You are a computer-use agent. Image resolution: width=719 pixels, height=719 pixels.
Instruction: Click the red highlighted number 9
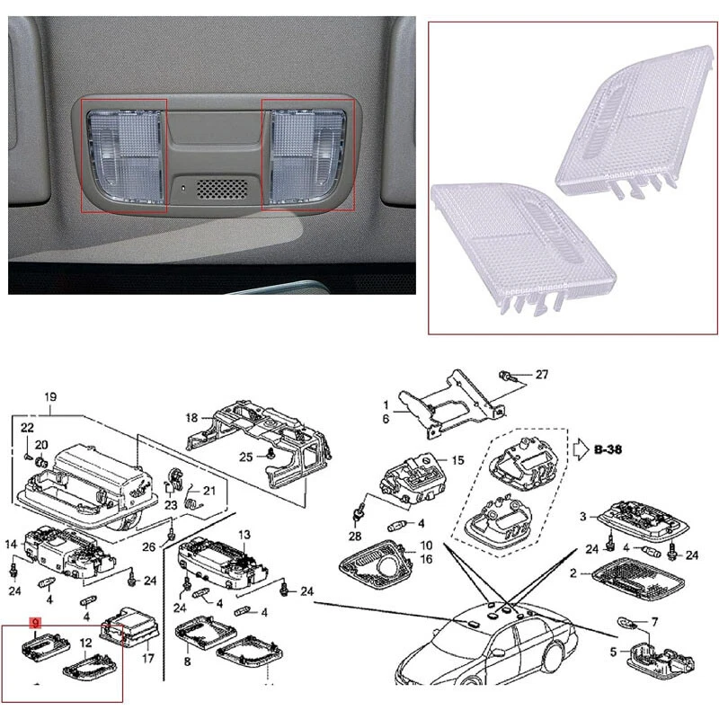pos(35,622)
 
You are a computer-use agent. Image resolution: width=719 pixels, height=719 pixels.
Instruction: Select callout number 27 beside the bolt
pos(541,374)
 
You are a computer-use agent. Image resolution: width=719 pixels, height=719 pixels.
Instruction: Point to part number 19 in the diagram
pos(50,397)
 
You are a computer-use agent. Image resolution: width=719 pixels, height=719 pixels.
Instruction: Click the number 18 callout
pos(191,418)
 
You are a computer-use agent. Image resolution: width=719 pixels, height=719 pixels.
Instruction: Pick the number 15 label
pos(457,460)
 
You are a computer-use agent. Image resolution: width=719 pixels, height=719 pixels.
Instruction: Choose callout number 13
pos(244,535)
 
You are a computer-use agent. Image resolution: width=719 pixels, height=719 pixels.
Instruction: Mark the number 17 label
pos(149,658)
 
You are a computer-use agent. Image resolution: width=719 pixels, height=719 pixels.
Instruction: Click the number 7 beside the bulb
pos(654,621)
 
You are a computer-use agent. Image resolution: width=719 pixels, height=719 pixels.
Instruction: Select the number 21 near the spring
pos(209,491)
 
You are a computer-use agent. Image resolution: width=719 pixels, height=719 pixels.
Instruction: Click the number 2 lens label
pos(572,573)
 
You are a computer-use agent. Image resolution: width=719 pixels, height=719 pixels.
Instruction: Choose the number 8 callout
pos(188,661)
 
